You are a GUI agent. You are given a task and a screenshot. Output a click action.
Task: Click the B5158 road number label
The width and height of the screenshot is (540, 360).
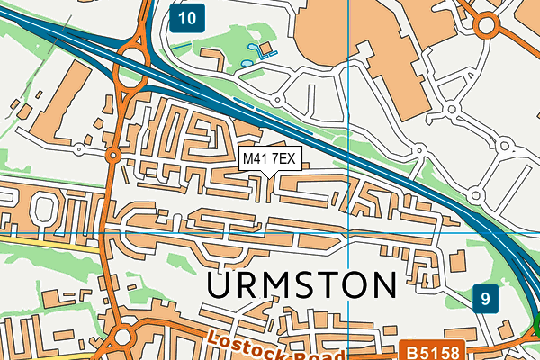click(x=429, y=352)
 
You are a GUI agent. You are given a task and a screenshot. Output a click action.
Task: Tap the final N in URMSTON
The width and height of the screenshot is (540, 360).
click(x=382, y=285)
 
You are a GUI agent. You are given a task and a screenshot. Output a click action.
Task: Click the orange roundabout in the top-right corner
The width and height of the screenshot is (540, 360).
click(x=488, y=25)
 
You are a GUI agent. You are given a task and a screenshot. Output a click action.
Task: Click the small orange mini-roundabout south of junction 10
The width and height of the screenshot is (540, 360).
click(x=113, y=156)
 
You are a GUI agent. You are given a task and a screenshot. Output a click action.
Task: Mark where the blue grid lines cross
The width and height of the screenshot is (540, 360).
click(x=348, y=233)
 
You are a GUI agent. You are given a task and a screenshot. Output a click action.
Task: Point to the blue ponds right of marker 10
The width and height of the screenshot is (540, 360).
click(x=261, y=49)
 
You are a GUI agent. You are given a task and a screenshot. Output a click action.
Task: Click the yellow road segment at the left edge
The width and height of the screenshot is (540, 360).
click(x=18, y=240)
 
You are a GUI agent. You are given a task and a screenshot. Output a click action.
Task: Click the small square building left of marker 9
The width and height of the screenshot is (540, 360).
click(x=456, y=261)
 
